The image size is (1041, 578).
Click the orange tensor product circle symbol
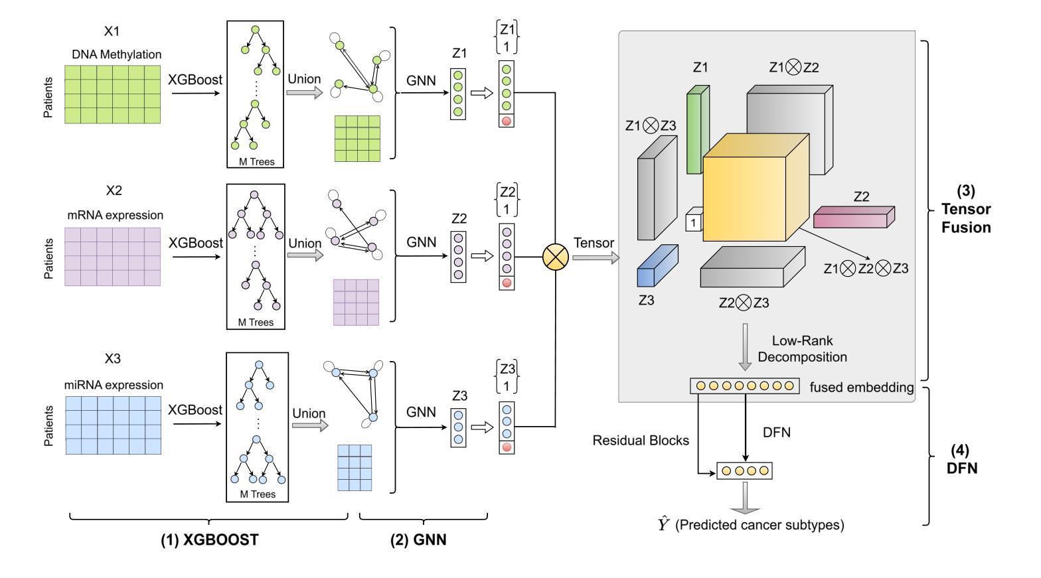point(556,257)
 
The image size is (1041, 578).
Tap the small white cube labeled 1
point(694,222)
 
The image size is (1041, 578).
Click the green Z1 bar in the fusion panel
point(694,131)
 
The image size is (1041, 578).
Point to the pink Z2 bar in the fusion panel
point(854,217)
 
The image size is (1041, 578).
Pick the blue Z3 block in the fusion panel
point(657,265)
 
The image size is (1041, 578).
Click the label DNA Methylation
point(117,54)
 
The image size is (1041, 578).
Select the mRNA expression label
point(116,215)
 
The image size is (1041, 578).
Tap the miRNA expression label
point(116,385)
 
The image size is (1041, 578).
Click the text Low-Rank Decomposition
point(802,349)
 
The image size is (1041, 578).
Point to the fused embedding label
point(862,387)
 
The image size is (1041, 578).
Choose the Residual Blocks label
point(641,440)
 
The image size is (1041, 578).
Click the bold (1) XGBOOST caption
point(209,540)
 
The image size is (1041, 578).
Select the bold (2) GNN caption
point(418,540)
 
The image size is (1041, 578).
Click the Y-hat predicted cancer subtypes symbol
point(665,526)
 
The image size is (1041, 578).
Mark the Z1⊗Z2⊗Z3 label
point(866,269)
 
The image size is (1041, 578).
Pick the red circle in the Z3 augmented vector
point(507,448)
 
